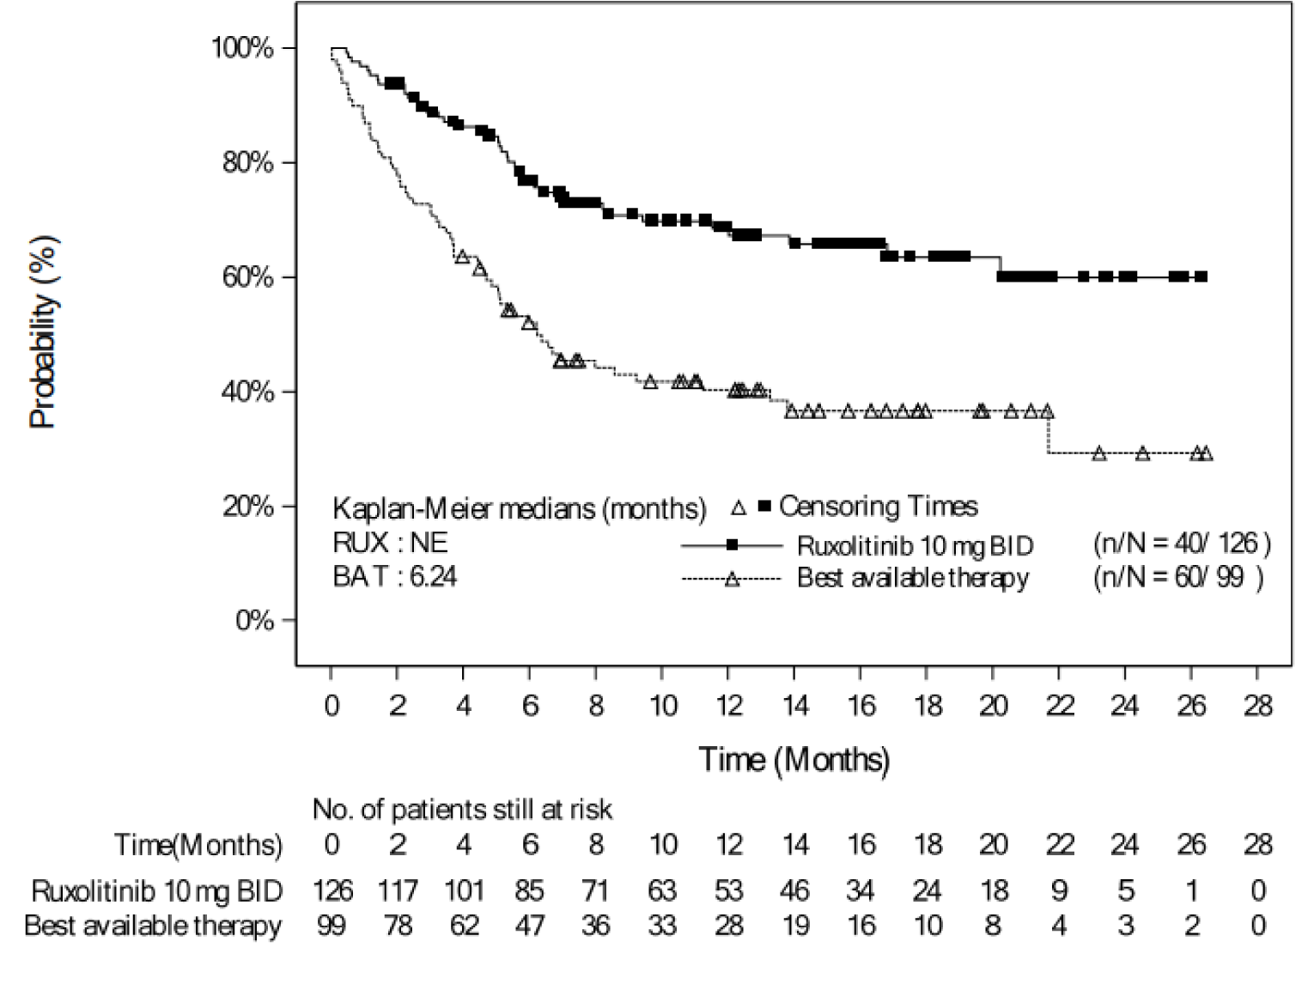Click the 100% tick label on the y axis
coord(242,48)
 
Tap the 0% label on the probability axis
coord(254,620)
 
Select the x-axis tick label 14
coord(795,706)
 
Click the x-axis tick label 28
coord(1257,706)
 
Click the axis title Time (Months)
coord(794,759)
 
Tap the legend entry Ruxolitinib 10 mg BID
coord(915,545)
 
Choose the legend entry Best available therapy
coord(912,578)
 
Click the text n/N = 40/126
coord(1181,544)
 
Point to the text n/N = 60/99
coord(1177,578)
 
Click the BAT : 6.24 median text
coord(394,576)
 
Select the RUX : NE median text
coord(390,544)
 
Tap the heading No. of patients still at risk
coord(462,809)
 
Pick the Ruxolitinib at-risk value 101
coord(464,890)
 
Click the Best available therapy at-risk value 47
coord(530,926)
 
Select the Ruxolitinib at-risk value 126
coord(332,890)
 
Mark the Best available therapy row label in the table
coord(153,926)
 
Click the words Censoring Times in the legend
coord(878,507)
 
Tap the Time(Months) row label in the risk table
coord(198,845)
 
